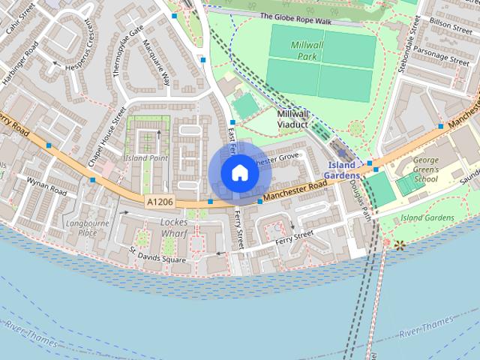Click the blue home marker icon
coord(239,172)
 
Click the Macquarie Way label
coord(162,60)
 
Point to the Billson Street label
coord(448,24)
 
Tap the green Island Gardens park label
coord(427,217)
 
